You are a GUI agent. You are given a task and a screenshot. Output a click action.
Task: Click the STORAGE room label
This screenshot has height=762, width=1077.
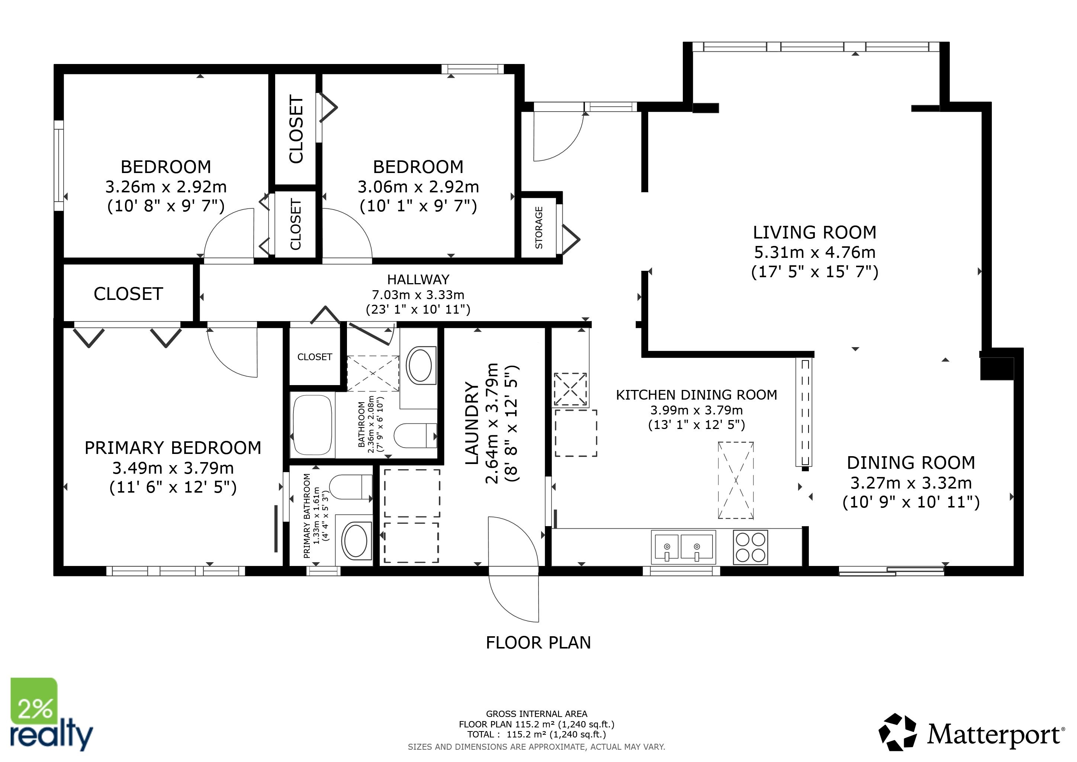pos(539,228)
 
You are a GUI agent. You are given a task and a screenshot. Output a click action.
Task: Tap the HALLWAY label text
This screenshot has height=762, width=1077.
pos(418,280)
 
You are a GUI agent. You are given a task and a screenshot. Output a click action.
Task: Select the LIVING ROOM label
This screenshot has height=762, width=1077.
pos(814,232)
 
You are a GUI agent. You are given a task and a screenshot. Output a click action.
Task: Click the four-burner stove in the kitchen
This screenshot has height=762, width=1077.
pos(750,547)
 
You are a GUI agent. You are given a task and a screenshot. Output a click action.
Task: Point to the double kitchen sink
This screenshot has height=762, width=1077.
pos(684,547)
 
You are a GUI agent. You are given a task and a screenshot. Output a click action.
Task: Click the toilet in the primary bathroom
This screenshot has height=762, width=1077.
pos(350,487)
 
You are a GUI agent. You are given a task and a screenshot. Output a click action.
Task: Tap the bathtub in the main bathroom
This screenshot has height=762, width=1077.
pos(312,425)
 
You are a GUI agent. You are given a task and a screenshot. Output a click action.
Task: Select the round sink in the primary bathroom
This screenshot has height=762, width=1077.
pos(356,541)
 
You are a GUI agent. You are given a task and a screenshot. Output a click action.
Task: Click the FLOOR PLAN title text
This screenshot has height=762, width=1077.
pos(538,642)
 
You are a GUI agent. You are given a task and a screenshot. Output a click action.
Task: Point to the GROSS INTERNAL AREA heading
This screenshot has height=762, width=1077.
pos(537,714)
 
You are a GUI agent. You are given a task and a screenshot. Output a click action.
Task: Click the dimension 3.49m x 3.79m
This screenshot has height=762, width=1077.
pos(173,468)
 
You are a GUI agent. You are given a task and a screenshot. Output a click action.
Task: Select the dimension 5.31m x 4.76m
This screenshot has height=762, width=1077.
pos(815,252)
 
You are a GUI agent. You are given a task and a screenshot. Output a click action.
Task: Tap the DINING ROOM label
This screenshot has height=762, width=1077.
pos(911,463)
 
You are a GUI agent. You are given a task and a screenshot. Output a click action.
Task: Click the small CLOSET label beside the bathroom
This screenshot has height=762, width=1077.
pos(315,357)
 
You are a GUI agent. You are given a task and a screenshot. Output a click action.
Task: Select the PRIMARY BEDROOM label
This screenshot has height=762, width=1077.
pos(173,448)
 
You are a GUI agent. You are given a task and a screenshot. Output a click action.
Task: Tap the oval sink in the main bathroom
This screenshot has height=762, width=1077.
pos(421,365)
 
